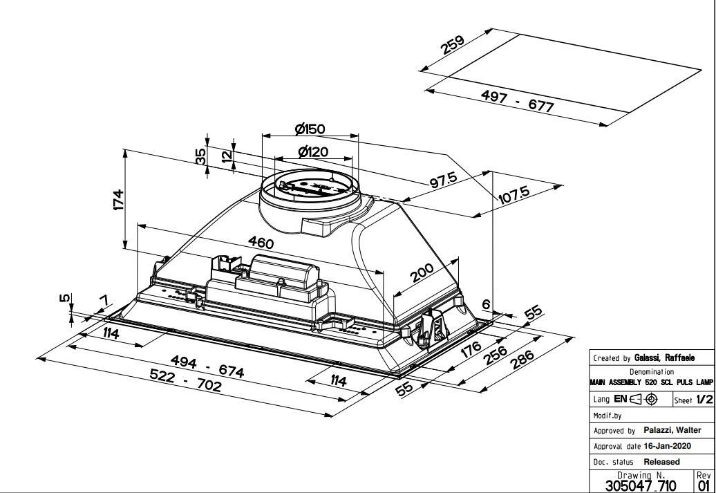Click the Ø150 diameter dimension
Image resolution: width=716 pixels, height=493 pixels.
point(310,129)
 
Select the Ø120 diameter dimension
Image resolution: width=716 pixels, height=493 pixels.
point(313,151)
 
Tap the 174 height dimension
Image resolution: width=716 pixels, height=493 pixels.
point(118,200)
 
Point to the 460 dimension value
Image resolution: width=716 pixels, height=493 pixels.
point(261,243)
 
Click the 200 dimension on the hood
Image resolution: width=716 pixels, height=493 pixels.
point(422,273)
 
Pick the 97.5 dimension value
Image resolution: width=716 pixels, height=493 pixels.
point(443,180)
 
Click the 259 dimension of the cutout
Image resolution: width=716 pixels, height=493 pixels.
point(452,45)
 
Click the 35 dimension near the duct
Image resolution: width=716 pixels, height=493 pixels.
point(201,157)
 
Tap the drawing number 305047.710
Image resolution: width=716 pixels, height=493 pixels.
point(641,485)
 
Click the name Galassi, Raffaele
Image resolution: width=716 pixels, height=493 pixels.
point(664,358)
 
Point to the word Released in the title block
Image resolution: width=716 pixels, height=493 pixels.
point(661,461)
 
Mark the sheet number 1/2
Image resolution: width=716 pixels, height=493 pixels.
point(704,399)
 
